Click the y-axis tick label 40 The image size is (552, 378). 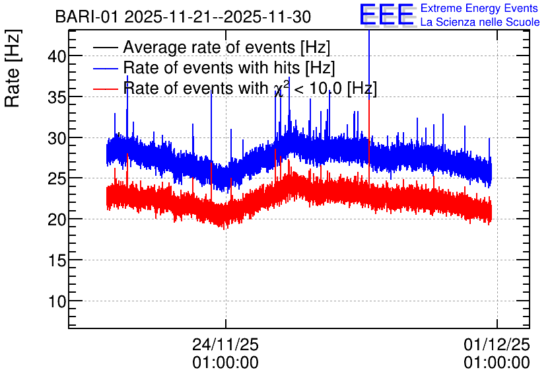[x=57, y=56]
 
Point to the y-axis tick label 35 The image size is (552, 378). [x=57, y=97]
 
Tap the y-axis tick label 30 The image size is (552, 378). [x=57, y=138]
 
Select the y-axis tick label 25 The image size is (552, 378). [x=57, y=179]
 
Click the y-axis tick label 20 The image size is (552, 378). [x=57, y=220]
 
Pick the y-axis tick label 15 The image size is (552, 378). [x=57, y=260]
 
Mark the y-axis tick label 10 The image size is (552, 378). [x=57, y=301]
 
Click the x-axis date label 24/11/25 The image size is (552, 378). [x=225, y=344]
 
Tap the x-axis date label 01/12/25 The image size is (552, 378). [x=497, y=344]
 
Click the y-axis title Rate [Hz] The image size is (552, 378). [x=13, y=68]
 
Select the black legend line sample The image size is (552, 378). [x=105, y=48]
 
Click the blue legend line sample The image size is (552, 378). [x=105, y=68]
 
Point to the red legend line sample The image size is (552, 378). [x=105, y=89]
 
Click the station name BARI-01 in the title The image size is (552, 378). [x=87, y=17]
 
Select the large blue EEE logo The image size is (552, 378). [x=386, y=15]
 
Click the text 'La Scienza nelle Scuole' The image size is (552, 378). [x=480, y=22]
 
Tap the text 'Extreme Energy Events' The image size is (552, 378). [x=479, y=8]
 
